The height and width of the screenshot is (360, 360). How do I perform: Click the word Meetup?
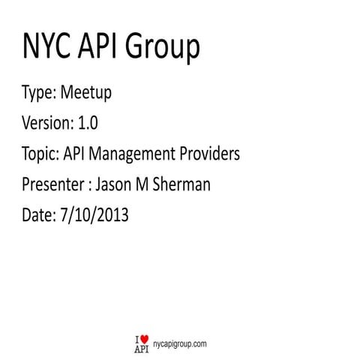point(85,95)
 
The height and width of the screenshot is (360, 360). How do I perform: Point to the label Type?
point(40,96)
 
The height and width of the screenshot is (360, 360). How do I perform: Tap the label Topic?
point(43,155)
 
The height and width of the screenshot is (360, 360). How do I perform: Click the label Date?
point(39,214)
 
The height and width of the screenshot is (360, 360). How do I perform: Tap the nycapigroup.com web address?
point(179,342)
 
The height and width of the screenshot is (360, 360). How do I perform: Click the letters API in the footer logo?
point(141,347)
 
